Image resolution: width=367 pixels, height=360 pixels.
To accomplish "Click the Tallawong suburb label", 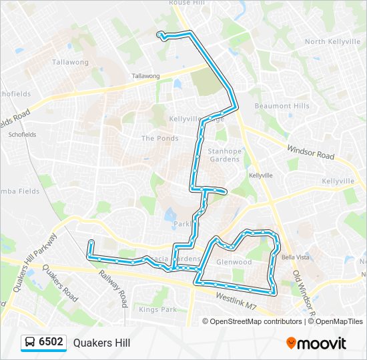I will tap(70, 62).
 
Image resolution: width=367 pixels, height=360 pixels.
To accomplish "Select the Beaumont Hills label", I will tap(282, 106).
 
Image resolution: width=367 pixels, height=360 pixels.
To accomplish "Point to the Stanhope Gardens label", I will tap(224, 155).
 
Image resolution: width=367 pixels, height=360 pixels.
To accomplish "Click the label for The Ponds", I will tap(159, 139).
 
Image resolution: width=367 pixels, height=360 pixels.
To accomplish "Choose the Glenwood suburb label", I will tap(234, 262).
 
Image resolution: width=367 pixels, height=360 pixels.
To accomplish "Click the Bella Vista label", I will tap(296, 257).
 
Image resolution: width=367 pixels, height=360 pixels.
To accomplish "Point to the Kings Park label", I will tap(158, 309).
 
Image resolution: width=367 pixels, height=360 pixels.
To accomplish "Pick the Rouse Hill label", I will tap(189, 3).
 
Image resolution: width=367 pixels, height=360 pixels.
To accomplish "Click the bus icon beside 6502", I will tap(30, 343).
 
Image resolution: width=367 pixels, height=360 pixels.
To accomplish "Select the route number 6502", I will tap(51, 343).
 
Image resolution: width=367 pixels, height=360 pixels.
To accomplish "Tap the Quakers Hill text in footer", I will tap(101, 343).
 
